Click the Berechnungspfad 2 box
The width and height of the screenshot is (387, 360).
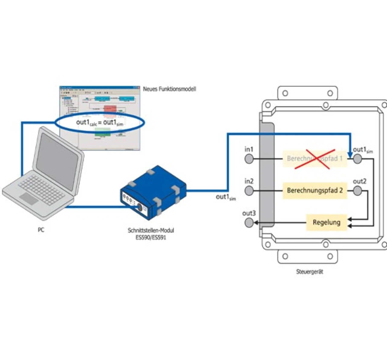315,191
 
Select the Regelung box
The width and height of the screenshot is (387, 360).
327,222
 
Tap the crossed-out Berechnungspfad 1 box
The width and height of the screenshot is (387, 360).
315,159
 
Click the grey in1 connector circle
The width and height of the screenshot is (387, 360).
249,159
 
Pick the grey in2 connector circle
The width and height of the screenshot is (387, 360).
249,191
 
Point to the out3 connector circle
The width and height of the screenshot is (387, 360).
249,223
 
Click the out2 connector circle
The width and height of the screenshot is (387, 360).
357,191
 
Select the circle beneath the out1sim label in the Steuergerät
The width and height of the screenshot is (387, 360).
357,159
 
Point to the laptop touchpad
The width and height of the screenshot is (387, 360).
29,198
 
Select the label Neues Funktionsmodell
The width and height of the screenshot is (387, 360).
169,89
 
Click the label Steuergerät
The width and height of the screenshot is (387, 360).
310,272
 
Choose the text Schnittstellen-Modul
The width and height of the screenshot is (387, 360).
151,230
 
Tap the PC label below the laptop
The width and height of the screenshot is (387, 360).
41,230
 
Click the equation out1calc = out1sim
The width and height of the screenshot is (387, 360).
99,123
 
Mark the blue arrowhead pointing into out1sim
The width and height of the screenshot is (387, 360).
350,155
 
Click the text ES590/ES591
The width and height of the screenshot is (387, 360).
151,237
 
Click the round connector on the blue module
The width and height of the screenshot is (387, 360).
140,208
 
